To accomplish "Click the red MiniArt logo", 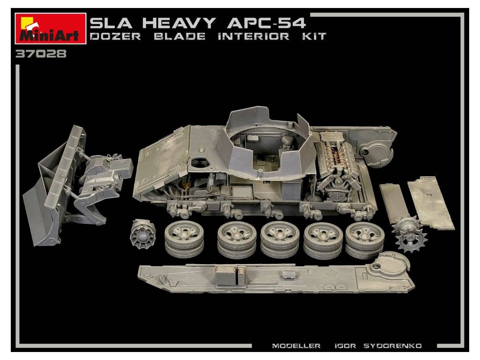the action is click(50, 29).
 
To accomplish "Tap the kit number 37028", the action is click(41, 54).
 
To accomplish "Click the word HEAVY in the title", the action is click(179, 23).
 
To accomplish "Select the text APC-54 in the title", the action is click(266, 23).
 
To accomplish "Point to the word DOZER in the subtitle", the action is click(115, 36).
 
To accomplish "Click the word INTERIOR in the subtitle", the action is click(254, 36).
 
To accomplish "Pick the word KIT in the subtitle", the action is click(314, 36).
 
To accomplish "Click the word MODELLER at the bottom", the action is click(296, 346).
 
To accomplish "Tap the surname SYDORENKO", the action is click(392, 346).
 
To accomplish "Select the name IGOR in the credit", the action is click(345, 346).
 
